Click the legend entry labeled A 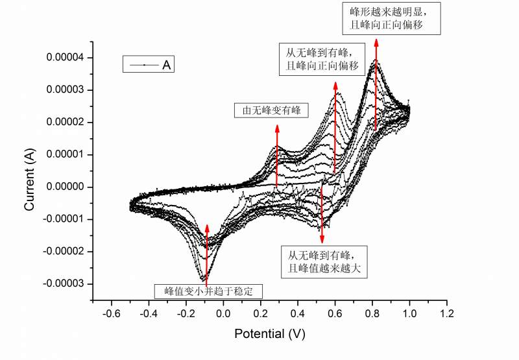(151, 65)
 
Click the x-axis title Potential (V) (269, 334)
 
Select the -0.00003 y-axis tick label (64, 283)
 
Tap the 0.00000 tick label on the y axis (66, 187)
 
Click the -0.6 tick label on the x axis (112, 314)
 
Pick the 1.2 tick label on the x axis (446, 314)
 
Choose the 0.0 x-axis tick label (223, 314)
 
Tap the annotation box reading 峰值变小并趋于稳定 (208, 291)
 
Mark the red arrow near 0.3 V (277, 156)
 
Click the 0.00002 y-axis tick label (66, 122)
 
